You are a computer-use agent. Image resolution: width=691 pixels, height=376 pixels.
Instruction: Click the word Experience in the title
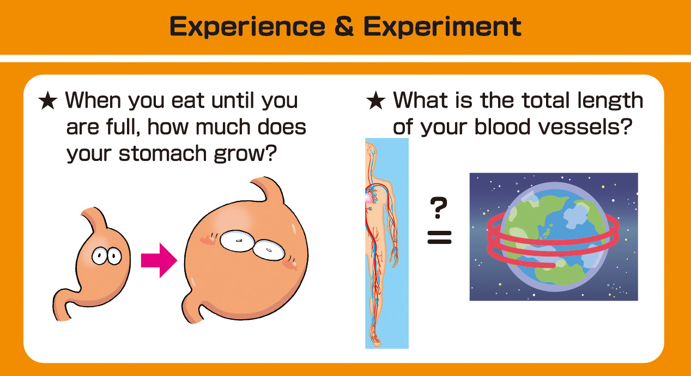point(247,27)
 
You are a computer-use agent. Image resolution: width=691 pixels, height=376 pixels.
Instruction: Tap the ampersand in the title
point(344,26)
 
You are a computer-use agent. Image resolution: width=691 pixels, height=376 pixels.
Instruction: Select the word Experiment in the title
point(443,27)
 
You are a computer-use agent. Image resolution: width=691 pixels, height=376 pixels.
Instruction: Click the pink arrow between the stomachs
point(159,260)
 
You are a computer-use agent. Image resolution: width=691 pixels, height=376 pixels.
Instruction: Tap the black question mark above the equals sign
point(438,207)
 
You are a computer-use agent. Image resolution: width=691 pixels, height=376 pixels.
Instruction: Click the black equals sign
point(440,237)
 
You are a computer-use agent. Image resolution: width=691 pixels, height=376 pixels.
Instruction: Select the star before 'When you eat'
point(48,100)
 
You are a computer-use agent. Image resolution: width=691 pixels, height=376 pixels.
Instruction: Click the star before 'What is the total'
point(375,100)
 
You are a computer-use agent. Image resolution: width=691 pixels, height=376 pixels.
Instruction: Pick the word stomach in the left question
point(162,153)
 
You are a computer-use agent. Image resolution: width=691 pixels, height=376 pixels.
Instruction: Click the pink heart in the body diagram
point(369,198)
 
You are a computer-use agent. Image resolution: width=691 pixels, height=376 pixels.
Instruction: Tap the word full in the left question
point(123,127)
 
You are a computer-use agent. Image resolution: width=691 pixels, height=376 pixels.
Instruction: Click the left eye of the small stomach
point(99,256)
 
